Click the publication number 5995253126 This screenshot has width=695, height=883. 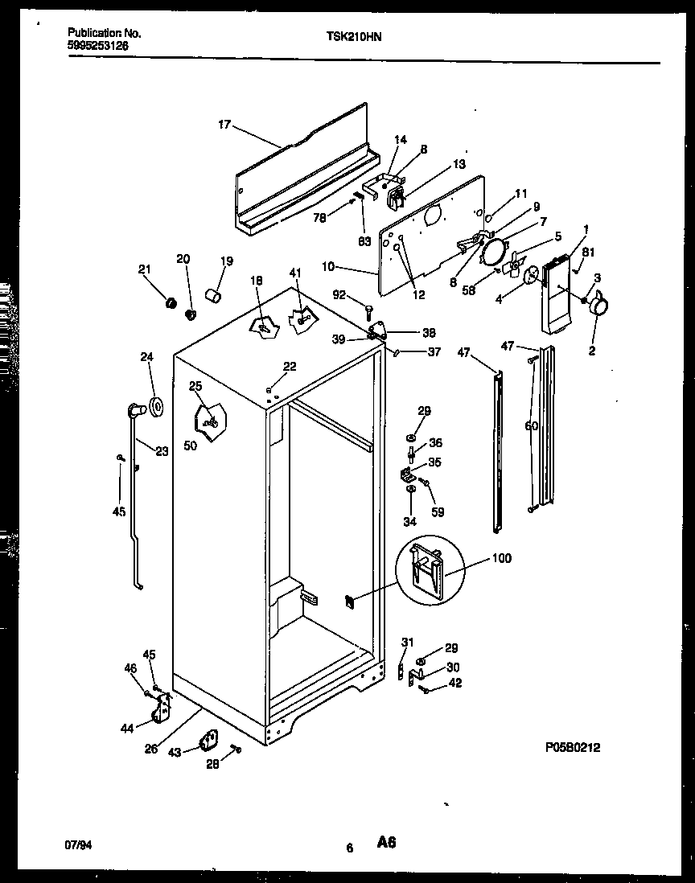[98, 46]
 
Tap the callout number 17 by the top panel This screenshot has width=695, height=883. [224, 125]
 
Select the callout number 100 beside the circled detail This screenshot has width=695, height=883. [500, 558]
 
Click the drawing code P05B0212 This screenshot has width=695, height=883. [572, 747]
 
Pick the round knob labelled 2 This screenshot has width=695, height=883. [597, 306]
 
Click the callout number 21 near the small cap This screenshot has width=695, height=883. [145, 269]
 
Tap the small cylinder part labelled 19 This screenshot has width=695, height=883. [214, 298]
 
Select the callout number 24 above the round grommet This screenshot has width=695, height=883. [146, 357]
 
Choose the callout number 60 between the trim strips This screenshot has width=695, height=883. [531, 426]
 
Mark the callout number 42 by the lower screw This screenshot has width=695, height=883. [455, 684]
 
